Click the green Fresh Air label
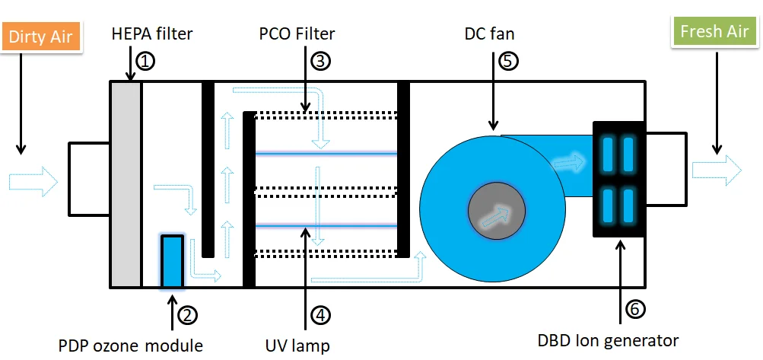click(x=714, y=32)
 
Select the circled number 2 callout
click(x=187, y=313)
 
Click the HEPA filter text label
click(x=152, y=33)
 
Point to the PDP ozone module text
click(x=130, y=346)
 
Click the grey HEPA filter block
click(x=126, y=183)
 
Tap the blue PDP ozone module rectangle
click(x=173, y=261)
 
